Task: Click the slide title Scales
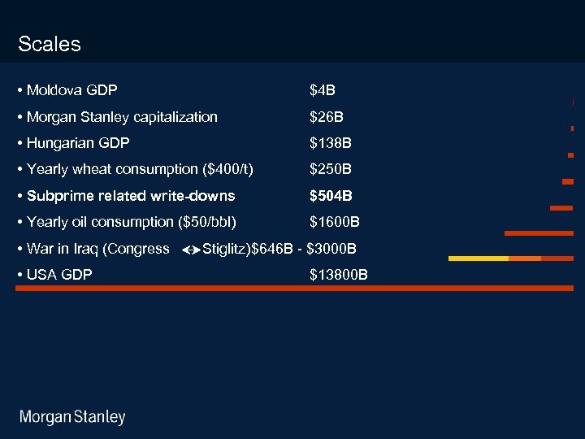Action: pyautogui.click(x=50, y=44)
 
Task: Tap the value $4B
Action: pyautogui.click(x=323, y=89)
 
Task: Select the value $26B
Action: pyautogui.click(x=327, y=117)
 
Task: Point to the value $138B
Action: pyautogui.click(x=331, y=143)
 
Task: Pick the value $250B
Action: pyautogui.click(x=331, y=169)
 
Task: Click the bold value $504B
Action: pyautogui.click(x=331, y=196)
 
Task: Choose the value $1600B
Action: pyautogui.click(x=335, y=222)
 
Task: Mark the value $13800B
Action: pyautogui.click(x=339, y=275)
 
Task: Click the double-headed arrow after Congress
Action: pyautogui.click(x=191, y=250)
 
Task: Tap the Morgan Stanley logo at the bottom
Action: pyautogui.click(x=73, y=417)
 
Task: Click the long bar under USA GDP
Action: pyautogui.click(x=294, y=288)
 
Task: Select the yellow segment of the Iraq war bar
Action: pyautogui.click(x=479, y=259)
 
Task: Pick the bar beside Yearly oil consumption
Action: pyautogui.click(x=539, y=233)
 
